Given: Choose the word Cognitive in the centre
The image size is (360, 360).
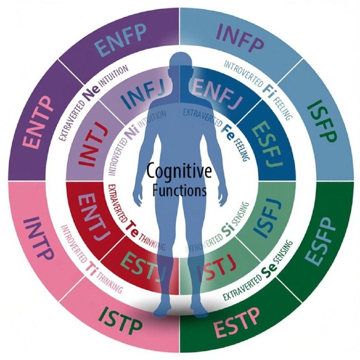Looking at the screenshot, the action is click(x=180, y=172).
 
